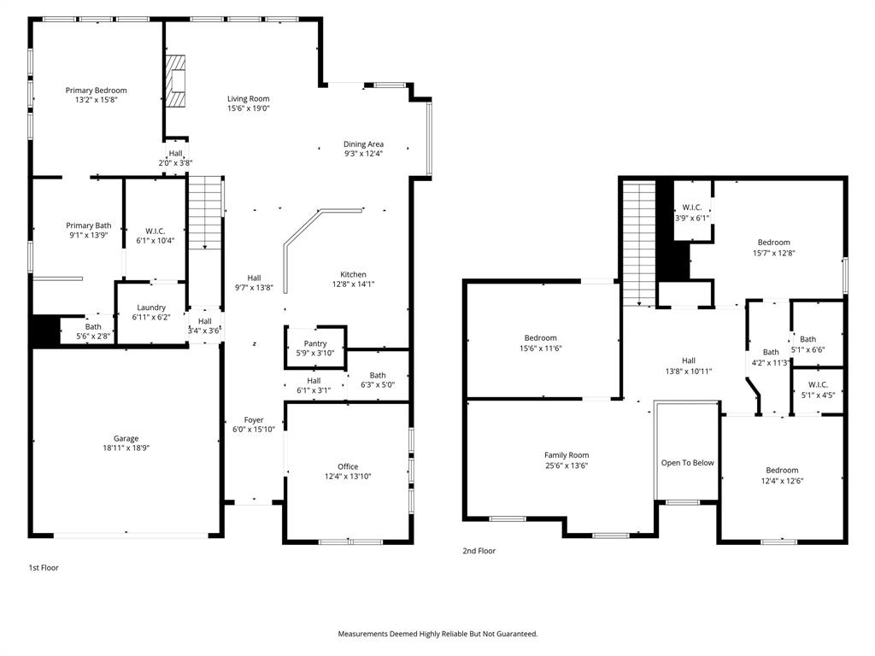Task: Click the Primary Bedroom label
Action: click(x=96, y=91)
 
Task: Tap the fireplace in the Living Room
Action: click(x=176, y=82)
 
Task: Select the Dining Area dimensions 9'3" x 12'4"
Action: click(x=363, y=154)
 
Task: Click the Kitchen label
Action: click(x=353, y=274)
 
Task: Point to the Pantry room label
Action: click(x=315, y=343)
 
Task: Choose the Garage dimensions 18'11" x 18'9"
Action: click(x=126, y=448)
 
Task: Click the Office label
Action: click(x=348, y=466)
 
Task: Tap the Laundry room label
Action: click(x=151, y=307)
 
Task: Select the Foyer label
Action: click(x=254, y=419)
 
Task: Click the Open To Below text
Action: click(x=687, y=463)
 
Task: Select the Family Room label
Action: click(x=567, y=455)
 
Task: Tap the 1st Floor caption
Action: click(x=44, y=567)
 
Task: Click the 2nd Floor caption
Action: click(x=479, y=551)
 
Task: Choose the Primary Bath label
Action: click(x=89, y=225)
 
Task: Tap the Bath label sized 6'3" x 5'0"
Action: click(x=378, y=375)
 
